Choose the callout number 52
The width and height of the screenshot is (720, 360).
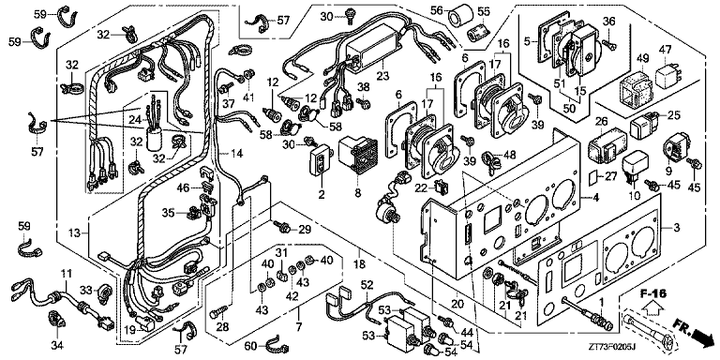[x=367, y=284]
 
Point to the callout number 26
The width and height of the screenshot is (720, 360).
[x=601, y=121]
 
